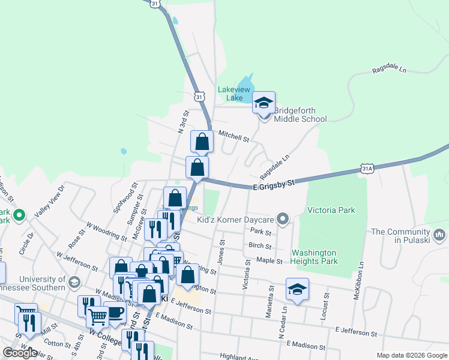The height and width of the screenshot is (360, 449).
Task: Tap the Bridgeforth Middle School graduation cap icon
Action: [x=264, y=103]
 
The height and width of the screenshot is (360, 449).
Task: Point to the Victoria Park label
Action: [x=331, y=210]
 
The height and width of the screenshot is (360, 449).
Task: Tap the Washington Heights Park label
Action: [x=321, y=257]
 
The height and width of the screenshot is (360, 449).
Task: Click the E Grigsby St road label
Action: [x=274, y=184]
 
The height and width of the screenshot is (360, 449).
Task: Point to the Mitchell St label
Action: [x=234, y=137]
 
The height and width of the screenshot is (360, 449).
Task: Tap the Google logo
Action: [x=20, y=353]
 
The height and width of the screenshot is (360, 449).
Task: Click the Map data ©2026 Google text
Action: [x=412, y=355]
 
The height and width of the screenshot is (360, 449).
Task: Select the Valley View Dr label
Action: [x=49, y=201]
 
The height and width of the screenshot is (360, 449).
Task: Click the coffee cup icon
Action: [x=115, y=312]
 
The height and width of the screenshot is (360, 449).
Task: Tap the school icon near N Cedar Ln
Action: [x=297, y=289]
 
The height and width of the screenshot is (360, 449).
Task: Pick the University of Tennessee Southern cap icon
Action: [x=74, y=282]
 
